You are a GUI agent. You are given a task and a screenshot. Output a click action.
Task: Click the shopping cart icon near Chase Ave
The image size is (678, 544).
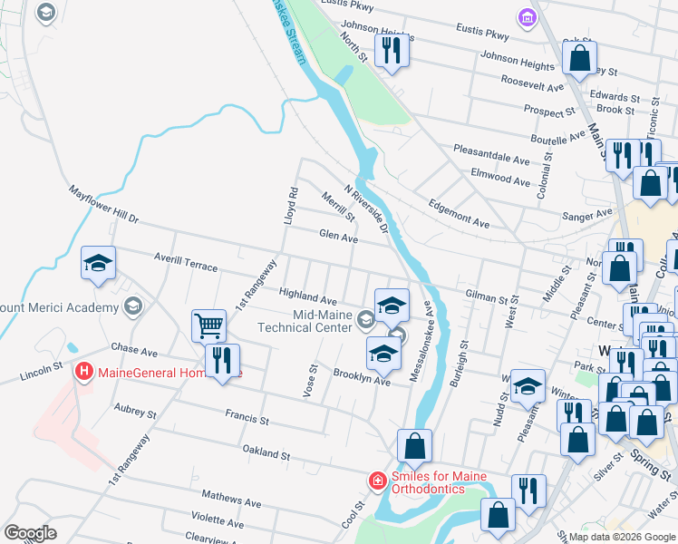pyautogui.click(x=208, y=325)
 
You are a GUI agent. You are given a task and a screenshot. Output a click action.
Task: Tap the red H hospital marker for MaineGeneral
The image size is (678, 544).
pyautogui.click(x=84, y=371)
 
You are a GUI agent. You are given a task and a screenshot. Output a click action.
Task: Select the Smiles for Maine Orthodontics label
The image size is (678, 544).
pyautogui.click(x=439, y=482)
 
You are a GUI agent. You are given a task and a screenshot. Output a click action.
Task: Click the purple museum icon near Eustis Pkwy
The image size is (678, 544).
pyautogui.click(x=525, y=17)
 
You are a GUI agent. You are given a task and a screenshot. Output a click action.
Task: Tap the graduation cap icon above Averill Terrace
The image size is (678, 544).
pyautogui.click(x=98, y=264)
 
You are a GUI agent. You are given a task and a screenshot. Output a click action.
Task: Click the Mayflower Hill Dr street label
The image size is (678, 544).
pyautogui.click(x=103, y=205)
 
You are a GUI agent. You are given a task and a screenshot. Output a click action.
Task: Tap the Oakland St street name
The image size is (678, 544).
pyautogui.click(x=266, y=450)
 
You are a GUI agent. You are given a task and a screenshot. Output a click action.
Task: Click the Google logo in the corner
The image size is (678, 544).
pyautogui.click(x=30, y=532)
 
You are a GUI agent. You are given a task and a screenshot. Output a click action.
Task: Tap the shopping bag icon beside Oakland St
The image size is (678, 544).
pyautogui.click(x=414, y=446)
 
